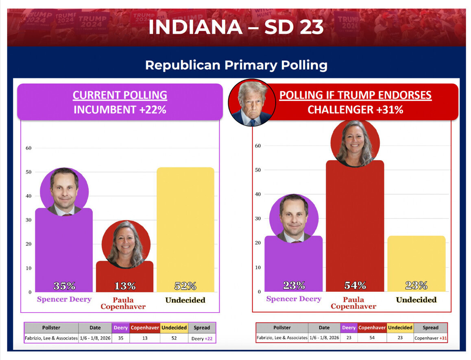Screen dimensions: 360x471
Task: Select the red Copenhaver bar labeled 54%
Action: (x=355, y=228)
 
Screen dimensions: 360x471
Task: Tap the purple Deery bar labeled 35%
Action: (x=64, y=252)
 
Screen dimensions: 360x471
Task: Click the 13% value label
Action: (x=125, y=286)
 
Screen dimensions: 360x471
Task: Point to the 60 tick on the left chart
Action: (x=28, y=148)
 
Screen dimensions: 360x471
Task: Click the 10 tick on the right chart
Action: (x=258, y=267)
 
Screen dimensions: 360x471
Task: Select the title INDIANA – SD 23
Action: (x=236, y=27)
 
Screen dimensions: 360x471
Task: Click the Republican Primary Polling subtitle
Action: (x=236, y=65)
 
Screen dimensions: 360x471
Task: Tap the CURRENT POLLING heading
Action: (x=120, y=95)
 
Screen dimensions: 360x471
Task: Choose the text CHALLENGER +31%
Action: (x=355, y=109)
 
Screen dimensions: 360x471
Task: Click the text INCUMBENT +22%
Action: (x=120, y=109)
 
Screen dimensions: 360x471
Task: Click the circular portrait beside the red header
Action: (x=252, y=102)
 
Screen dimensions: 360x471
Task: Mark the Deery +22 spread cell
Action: (x=202, y=338)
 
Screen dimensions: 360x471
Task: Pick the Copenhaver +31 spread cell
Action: (x=430, y=338)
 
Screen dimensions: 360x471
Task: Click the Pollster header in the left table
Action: (x=51, y=327)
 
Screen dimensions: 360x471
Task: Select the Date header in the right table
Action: (x=324, y=327)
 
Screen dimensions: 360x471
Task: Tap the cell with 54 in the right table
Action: (x=372, y=338)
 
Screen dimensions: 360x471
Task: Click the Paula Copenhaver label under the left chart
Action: (x=123, y=303)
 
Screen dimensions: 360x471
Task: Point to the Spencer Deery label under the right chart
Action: (x=293, y=299)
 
